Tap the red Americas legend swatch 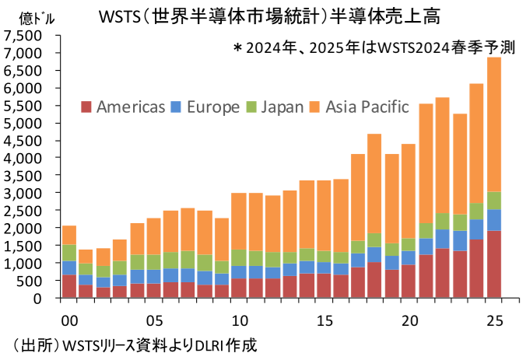click(86, 106)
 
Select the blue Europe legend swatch click(176, 106)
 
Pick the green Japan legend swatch click(252, 106)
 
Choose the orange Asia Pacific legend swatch click(315, 106)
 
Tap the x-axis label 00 click(68, 320)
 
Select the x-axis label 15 click(324, 320)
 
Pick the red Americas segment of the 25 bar click(494, 264)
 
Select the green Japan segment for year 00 click(68, 253)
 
